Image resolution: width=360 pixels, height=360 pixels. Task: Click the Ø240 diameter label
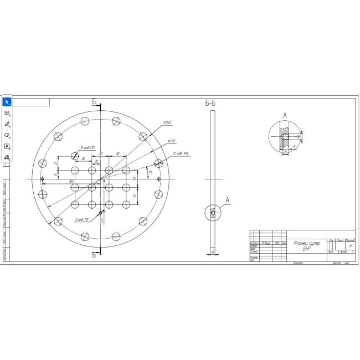pos(168,122)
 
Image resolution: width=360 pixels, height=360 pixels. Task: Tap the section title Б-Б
pos(210,103)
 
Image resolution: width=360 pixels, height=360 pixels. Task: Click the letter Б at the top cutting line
pos(94,101)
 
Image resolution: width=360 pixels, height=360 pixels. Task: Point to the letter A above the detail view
pos(285,115)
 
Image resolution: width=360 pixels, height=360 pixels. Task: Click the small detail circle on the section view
pos(212,212)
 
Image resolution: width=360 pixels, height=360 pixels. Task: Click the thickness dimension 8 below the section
pos(213,252)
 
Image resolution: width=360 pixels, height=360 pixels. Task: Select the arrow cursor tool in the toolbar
pos(7,102)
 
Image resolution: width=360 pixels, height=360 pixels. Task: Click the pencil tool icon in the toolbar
pos(7,124)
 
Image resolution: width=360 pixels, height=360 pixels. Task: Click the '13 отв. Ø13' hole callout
pos(88,147)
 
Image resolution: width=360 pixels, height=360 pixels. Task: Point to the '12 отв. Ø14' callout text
pos(181,152)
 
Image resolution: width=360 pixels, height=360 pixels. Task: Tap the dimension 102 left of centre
pos(71,181)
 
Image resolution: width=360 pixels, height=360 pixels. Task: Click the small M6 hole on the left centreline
pos(43,178)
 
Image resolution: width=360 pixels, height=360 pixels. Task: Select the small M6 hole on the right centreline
pos(159,178)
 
